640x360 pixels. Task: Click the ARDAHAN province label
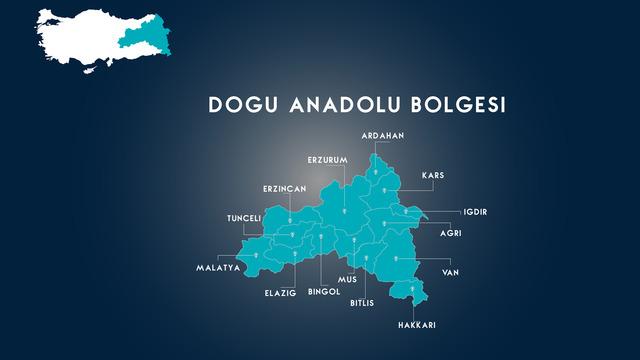coord(383,135)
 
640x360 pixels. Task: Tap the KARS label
coord(432,175)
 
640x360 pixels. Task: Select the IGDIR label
coord(474,212)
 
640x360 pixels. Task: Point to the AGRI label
coord(450,234)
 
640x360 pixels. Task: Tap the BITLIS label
coord(362,302)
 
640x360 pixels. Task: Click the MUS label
coord(347,280)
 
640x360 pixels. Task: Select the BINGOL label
coord(324,292)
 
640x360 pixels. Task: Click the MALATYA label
coord(218,268)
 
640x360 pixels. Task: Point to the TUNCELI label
coord(244,218)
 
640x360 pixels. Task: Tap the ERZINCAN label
coord(284,188)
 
